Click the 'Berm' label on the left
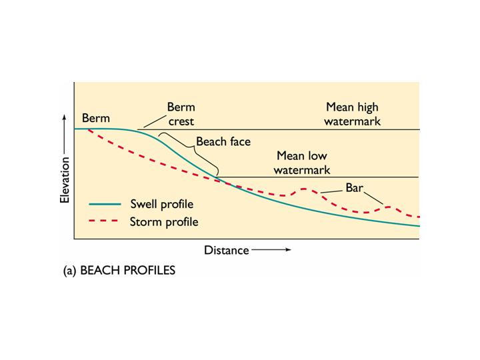95,118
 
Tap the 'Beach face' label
223,142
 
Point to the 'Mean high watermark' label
352,113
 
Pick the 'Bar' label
353,188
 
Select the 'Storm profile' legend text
163,221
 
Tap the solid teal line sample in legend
105,204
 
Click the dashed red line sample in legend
105,221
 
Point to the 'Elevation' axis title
65,179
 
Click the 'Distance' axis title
226,251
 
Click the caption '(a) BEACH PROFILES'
120,271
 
